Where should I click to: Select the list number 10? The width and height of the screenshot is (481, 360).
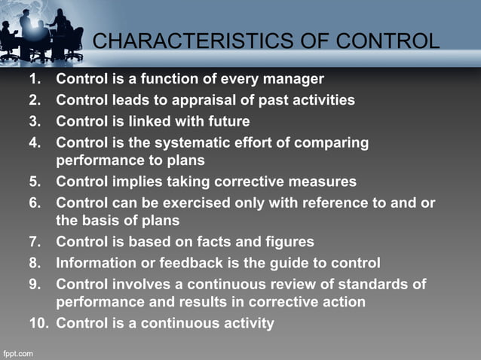(x=38, y=324)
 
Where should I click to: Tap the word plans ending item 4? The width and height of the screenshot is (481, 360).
(x=185, y=161)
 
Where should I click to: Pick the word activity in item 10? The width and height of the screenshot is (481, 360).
(x=247, y=324)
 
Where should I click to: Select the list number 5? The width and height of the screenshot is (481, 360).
(x=35, y=182)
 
